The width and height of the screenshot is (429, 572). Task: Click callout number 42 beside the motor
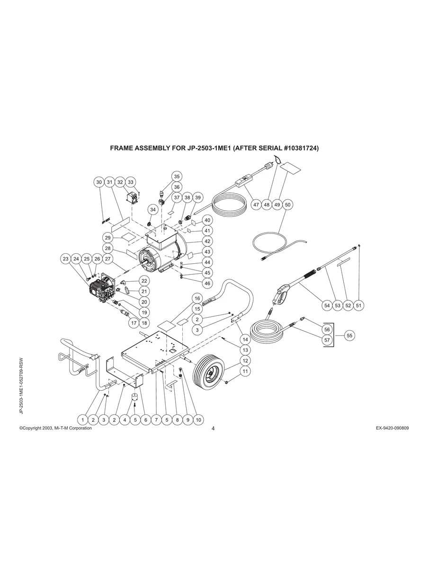tap(207, 241)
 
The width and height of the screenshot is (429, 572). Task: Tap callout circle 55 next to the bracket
tap(349, 335)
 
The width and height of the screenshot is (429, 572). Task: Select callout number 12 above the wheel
tap(245, 361)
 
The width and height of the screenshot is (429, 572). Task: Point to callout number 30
tap(98, 182)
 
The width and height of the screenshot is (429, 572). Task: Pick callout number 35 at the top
tap(176, 176)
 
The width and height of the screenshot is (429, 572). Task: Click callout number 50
tap(288, 205)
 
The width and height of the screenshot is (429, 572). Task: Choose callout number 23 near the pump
tap(66, 259)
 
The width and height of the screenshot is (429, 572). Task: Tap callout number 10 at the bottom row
tap(198, 420)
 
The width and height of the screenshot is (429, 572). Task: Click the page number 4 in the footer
tap(213, 429)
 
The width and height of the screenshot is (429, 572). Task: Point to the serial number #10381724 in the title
tap(302, 148)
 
